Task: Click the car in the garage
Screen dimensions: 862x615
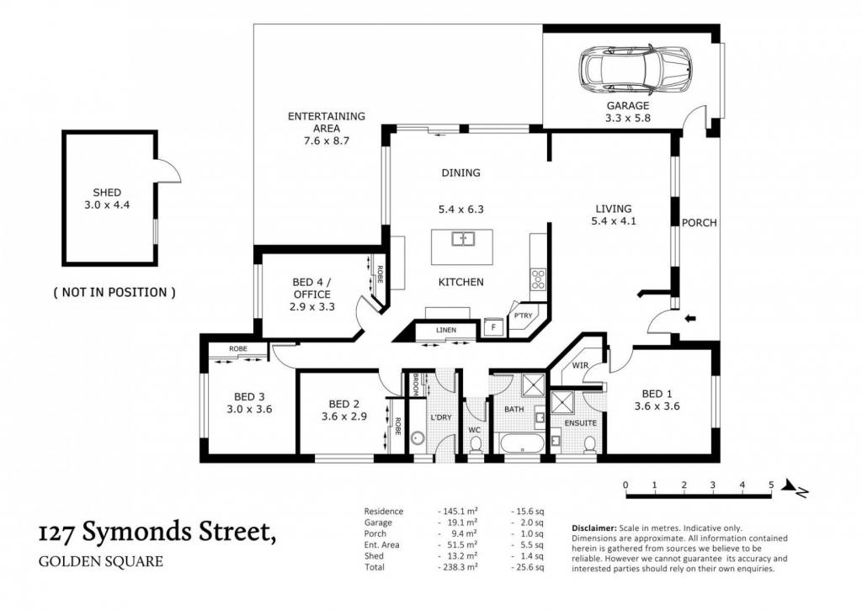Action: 635,70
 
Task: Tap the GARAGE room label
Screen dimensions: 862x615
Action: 628,105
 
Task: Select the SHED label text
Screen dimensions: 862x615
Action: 107,193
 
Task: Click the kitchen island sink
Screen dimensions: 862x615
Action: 463,239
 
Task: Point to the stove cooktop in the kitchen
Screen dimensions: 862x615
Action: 538,279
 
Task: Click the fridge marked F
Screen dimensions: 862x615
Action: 493,327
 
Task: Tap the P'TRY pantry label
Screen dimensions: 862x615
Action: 523,315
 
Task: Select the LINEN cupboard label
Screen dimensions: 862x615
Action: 446,331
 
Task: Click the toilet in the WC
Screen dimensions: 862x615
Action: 475,445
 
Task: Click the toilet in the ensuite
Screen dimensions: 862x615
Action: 590,444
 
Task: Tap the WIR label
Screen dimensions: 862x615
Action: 581,365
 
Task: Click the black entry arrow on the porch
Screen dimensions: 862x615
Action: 690,318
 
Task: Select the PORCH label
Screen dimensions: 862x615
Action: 700,223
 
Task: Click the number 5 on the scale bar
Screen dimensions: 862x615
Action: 771,485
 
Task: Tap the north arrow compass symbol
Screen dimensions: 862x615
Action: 795,487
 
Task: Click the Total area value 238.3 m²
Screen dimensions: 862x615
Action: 460,567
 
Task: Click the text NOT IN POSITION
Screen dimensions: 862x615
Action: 114,293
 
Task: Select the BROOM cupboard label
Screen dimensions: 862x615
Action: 416,384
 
